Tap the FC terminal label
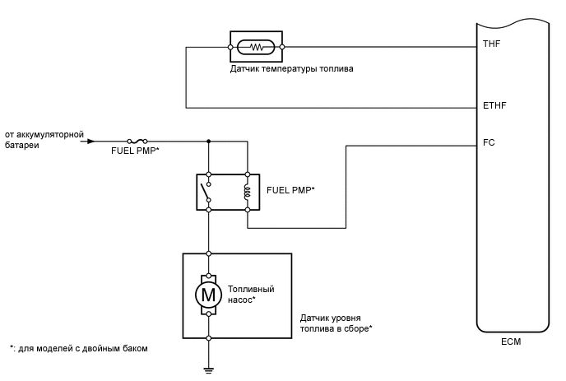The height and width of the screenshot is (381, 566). (490, 142)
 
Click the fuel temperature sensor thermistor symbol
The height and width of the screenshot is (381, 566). (255, 47)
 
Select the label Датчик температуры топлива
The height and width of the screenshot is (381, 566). (292, 69)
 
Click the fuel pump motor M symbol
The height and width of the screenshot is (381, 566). (209, 294)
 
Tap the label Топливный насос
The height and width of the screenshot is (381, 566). (251, 295)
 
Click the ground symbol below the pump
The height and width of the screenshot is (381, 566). (209, 369)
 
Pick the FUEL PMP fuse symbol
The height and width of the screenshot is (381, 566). (138, 141)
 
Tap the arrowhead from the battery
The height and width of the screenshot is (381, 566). (90, 141)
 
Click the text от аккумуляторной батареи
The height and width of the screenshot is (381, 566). (41, 139)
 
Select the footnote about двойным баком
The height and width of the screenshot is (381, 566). (78, 348)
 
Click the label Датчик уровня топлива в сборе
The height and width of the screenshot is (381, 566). (336, 323)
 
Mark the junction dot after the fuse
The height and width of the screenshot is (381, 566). (209, 141)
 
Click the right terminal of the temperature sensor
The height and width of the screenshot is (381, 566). (283, 47)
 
